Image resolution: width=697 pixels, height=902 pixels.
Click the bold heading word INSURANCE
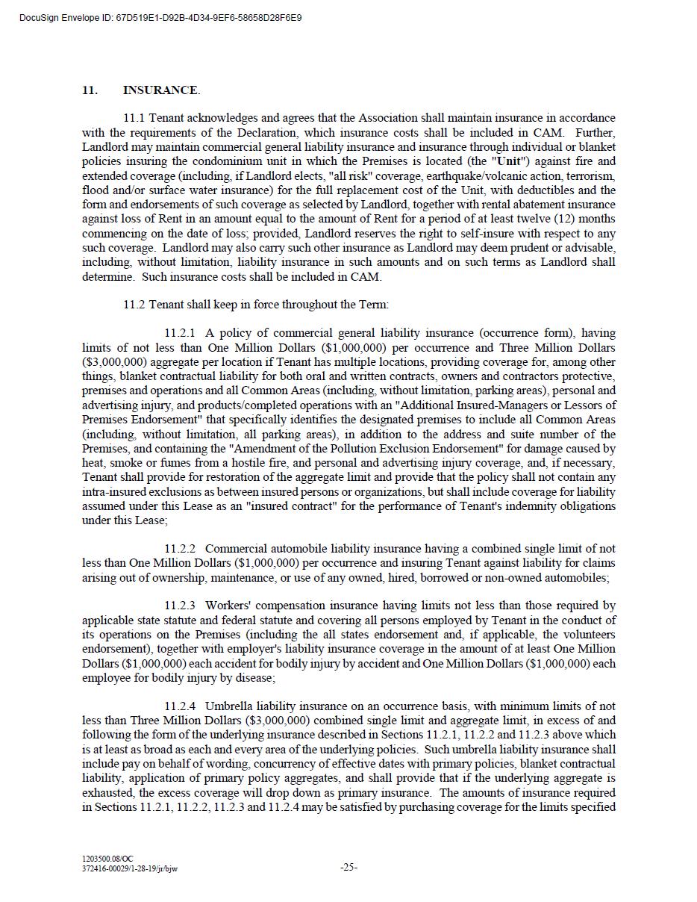[x=160, y=90]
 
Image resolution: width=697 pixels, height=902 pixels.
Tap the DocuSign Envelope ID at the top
[x=161, y=17]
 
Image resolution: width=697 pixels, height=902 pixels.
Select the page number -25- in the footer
[x=348, y=867]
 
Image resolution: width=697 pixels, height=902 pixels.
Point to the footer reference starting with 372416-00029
[x=130, y=868]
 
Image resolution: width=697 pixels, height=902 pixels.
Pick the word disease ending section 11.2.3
[x=253, y=678]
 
